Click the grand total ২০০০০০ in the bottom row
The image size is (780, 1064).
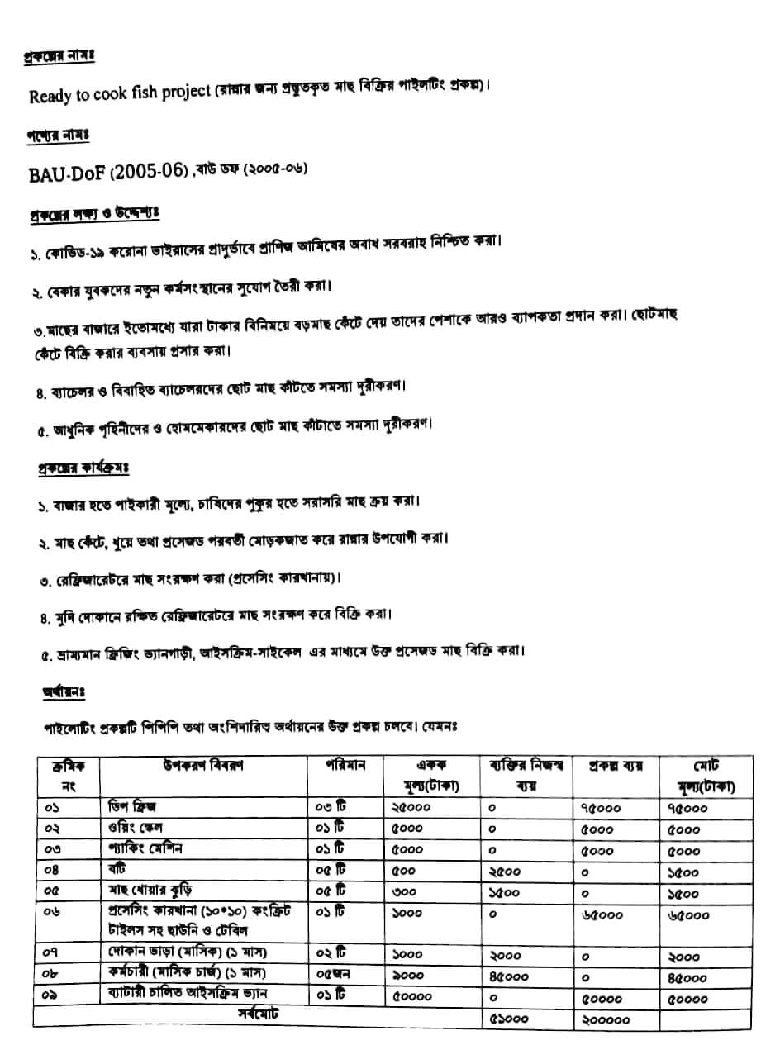click(606, 1019)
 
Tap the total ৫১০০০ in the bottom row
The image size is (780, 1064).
click(509, 1018)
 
